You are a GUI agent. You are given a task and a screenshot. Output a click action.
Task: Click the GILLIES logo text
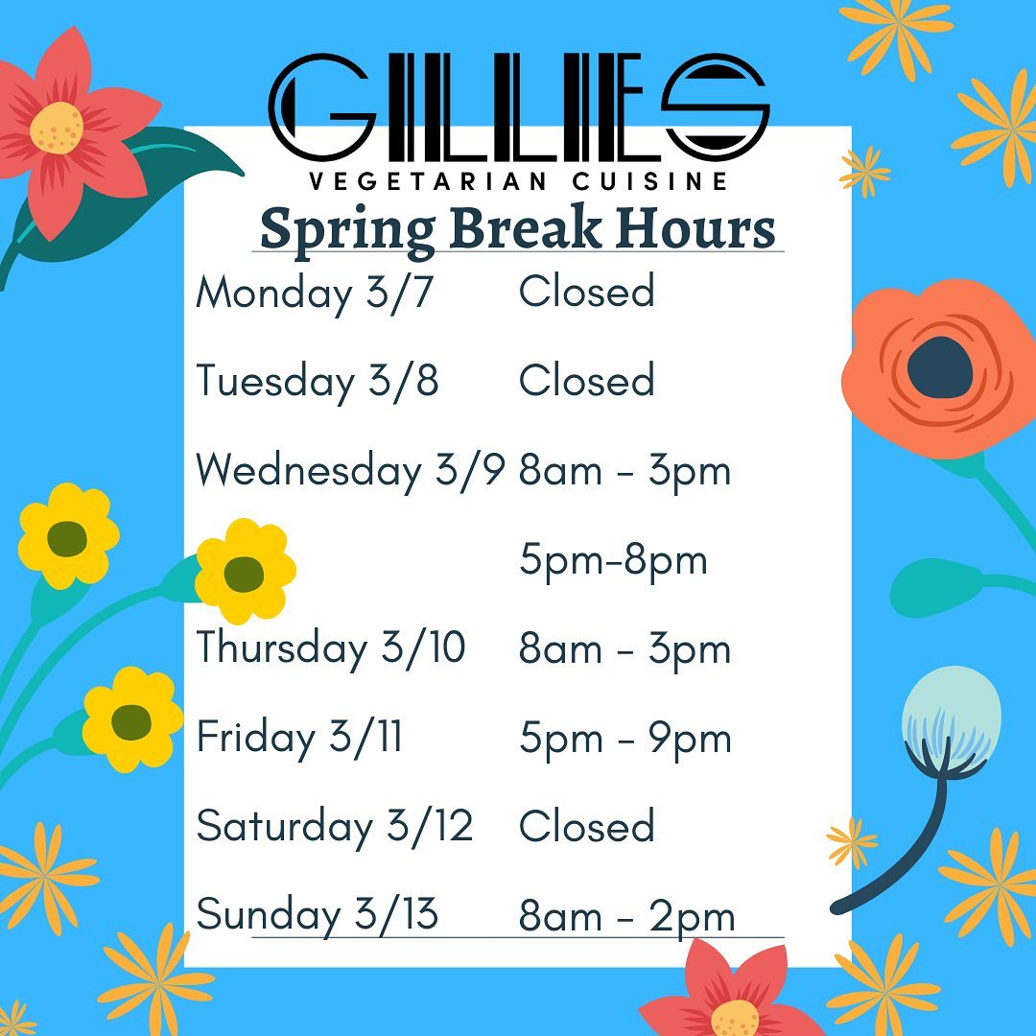click(519, 106)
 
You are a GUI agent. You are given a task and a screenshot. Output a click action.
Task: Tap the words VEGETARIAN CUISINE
click(519, 181)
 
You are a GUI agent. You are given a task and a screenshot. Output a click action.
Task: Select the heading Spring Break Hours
click(517, 229)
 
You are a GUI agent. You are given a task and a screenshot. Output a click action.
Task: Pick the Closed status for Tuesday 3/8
click(587, 380)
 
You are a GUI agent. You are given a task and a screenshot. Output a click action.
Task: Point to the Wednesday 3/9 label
click(350, 471)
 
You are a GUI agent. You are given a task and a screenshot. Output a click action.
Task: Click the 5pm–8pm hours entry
click(613, 561)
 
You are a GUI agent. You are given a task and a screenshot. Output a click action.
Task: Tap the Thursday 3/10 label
click(331, 648)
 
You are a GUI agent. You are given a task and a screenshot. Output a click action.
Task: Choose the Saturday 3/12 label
click(335, 827)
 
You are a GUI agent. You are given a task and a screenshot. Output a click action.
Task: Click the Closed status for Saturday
click(587, 826)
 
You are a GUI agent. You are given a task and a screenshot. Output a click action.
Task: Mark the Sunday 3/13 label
click(318, 916)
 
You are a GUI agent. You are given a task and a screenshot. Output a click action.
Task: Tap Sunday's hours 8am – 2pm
click(626, 918)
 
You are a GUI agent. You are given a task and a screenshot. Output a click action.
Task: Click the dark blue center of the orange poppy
click(940, 368)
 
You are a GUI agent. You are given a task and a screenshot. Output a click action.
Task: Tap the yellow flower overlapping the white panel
click(246, 572)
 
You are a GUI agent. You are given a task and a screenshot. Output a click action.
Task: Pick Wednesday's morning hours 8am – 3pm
click(625, 472)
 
